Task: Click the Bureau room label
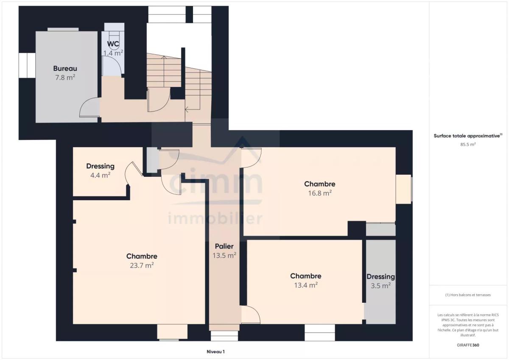coord(65,68)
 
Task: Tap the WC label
coord(113,44)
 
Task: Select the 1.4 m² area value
coord(113,53)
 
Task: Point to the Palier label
coord(224,246)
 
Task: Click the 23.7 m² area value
coord(142,265)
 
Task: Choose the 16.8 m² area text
coord(320,193)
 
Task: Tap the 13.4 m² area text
coord(306,285)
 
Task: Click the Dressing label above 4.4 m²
coord(100,166)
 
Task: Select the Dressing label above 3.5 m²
coord(380,276)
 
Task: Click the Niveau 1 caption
coord(215,352)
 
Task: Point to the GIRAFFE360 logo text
coord(468,345)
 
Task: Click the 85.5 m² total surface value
coord(468,144)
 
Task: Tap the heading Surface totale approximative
coord(467,136)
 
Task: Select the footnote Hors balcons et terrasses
coord(468,295)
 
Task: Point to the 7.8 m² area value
coord(65,78)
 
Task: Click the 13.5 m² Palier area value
coord(224,256)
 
